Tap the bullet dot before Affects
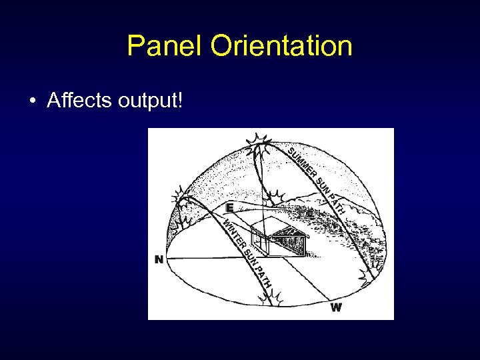(x=32, y=101)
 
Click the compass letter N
(x=159, y=259)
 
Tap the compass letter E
(x=229, y=207)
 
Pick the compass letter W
(x=336, y=307)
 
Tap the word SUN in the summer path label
(x=321, y=185)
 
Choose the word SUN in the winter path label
(x=249, y=257)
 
